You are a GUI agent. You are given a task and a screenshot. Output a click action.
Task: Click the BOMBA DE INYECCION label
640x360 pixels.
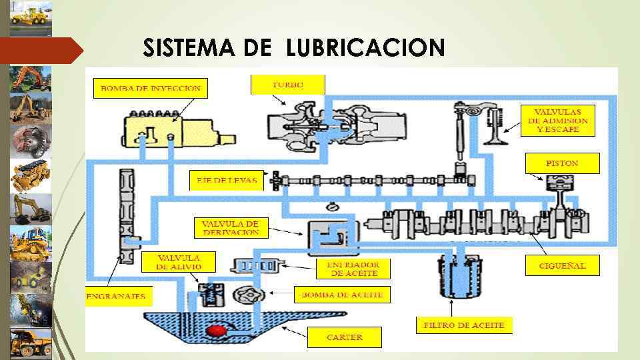coord(151,88)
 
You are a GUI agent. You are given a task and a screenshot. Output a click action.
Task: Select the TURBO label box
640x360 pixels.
coord(287,85)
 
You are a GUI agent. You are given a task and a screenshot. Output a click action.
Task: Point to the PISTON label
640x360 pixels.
coord(562,163)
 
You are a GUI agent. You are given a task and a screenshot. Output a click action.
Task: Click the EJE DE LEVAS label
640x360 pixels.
coord(227,181)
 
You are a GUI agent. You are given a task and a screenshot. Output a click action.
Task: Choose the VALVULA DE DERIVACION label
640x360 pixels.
coord(230,227)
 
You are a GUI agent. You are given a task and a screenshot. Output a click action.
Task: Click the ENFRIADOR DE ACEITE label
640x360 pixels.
coord(353,269)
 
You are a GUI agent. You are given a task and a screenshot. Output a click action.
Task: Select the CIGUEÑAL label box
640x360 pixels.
coord(562,265)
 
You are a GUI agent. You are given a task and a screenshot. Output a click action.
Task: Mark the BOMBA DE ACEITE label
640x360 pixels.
coord(342,294)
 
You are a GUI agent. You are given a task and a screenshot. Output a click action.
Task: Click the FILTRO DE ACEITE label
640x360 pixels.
coord(465,325)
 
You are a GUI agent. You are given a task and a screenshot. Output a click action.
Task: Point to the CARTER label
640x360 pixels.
coord(344,337)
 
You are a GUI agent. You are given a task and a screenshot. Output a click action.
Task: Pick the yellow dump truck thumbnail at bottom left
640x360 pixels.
coord(31,344)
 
